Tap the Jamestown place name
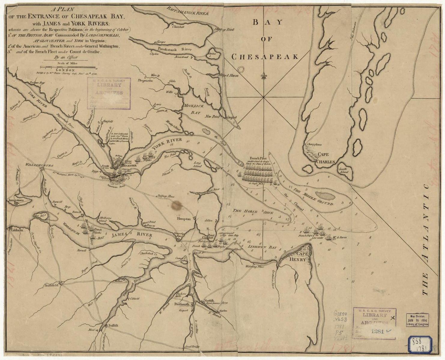coord(15,200)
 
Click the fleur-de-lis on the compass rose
coord(264,76)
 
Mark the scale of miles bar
coord(68,67)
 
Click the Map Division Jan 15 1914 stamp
coord(417,320)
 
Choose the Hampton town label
coord(184,219)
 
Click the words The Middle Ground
coord(314,197)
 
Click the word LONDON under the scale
coord(68,69)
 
